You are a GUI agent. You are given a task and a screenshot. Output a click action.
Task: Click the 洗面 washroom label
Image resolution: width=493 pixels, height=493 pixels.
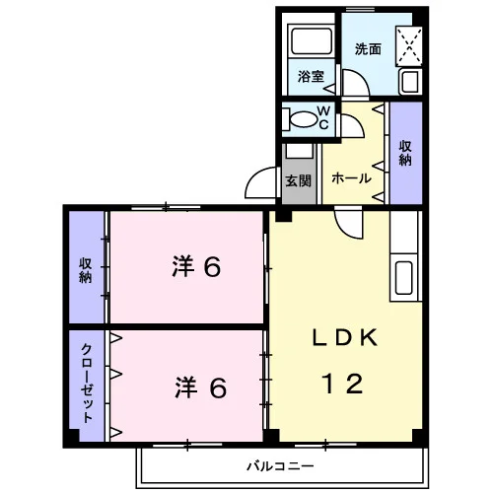pos(368,49)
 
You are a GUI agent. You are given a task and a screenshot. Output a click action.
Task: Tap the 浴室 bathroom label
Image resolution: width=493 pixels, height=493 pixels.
pos(311,77)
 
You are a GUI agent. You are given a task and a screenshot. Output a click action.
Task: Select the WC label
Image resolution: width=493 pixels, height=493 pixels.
pos(323,117)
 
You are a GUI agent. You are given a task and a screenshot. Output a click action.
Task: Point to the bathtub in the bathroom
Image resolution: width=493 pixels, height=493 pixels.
pos(312,40)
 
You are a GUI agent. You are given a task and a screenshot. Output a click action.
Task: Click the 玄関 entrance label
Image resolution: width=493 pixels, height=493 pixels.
pos(298,180)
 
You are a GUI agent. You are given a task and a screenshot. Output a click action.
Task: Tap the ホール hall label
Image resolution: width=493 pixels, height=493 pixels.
pos(351,178)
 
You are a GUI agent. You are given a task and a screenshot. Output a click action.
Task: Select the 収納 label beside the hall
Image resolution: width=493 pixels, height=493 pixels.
pos(405,153)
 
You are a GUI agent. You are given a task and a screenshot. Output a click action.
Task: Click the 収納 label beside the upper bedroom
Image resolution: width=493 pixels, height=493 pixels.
pos(86,270)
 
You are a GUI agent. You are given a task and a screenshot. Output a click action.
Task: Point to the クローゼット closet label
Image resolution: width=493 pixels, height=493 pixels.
pos(87,383)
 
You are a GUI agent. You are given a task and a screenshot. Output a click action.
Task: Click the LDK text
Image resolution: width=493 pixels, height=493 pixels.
pos(344,337)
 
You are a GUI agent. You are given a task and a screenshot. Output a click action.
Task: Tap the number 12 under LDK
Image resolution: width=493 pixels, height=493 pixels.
pos(344,384)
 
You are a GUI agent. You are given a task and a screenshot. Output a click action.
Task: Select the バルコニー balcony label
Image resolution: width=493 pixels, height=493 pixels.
pos(280,466)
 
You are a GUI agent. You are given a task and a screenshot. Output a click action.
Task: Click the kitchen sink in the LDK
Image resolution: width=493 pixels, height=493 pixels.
pos(404,277)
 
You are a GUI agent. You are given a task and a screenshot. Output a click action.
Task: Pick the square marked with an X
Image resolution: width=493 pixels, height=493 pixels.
pos(409,46)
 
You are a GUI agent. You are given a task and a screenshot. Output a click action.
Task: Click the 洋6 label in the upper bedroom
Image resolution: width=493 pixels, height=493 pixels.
pos(196,267)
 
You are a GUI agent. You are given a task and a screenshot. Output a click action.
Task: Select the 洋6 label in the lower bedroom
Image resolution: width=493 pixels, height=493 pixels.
pos(200,387)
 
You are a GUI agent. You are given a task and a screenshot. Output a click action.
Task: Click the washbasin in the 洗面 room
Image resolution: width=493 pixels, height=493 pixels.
pos(410,81)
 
